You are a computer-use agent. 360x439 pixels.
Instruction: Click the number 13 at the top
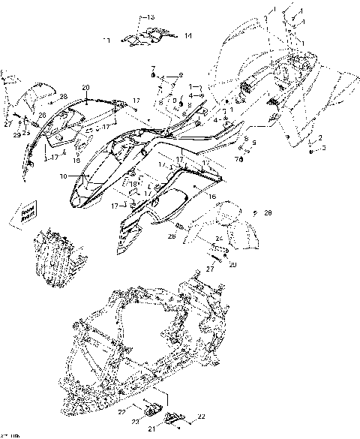pos(150,17)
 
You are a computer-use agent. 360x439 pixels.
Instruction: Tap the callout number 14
pos(187,35)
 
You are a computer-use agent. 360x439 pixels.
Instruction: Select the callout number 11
pos(106,39)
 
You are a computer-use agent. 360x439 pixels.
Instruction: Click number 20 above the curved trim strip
pos(85,88)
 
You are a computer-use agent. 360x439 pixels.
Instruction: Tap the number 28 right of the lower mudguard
pos(269,213)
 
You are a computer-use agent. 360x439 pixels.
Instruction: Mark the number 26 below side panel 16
pos(171,237)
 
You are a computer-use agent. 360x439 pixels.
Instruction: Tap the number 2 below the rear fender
pos(321,138)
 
